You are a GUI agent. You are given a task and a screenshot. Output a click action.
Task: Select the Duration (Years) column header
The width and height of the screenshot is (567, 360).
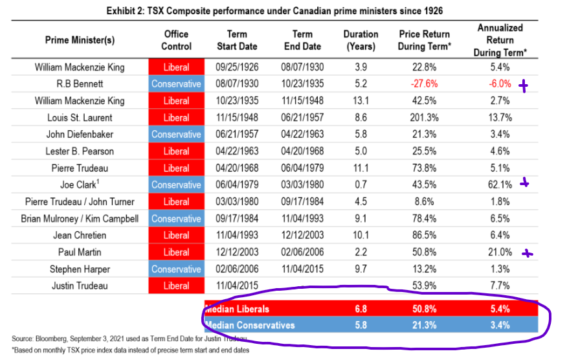click(361, 40)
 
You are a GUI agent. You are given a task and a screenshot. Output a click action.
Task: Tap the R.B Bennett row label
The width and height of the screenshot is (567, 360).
click(80, 84)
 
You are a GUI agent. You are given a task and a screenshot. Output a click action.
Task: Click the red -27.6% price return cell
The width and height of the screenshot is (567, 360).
click(425, 84)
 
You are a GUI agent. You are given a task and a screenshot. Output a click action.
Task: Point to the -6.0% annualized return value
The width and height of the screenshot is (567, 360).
click(496, 84)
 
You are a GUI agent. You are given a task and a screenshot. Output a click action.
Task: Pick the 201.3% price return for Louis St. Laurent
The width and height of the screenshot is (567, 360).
click(425, 117)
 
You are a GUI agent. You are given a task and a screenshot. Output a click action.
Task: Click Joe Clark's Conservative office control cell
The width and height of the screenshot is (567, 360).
click(176, 185)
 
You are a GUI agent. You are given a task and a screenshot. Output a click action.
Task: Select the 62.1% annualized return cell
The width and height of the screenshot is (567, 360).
click(496, 185)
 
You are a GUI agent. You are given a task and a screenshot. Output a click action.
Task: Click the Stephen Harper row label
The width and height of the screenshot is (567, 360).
click(80, 269)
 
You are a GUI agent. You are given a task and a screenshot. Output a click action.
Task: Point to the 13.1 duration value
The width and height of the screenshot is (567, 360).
click(361, 100)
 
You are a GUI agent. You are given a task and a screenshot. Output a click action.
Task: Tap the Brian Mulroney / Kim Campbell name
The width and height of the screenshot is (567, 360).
click(80, 218)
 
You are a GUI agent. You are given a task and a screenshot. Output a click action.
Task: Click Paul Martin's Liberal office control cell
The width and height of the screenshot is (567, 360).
click(176, 252)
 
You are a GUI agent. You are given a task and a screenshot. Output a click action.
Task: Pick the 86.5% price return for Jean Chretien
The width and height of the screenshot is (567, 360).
click(425, 235)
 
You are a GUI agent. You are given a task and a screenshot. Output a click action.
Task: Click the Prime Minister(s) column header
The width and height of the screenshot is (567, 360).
click(80, 40)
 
